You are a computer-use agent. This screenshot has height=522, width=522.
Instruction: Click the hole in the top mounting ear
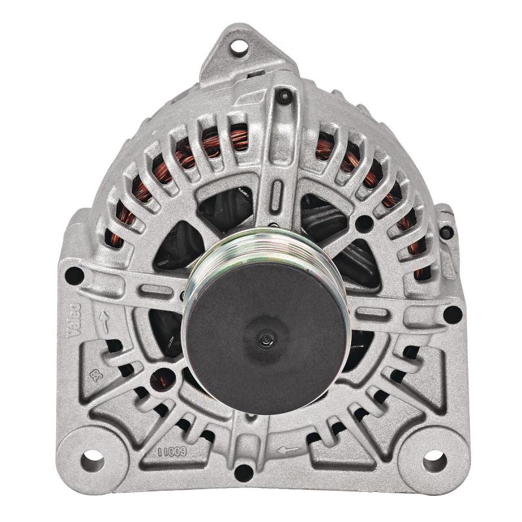(239, 46)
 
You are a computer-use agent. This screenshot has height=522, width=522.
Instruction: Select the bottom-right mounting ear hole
(434, 461)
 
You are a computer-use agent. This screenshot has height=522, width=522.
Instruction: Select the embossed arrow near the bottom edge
(288, 449)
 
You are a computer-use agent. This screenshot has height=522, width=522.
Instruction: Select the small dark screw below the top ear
(284, 97)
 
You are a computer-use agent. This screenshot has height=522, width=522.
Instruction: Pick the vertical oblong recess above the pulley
(277, 195)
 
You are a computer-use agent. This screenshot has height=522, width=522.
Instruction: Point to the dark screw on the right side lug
(447, 232)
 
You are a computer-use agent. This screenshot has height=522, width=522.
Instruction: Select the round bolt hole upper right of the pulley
(363, 224)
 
